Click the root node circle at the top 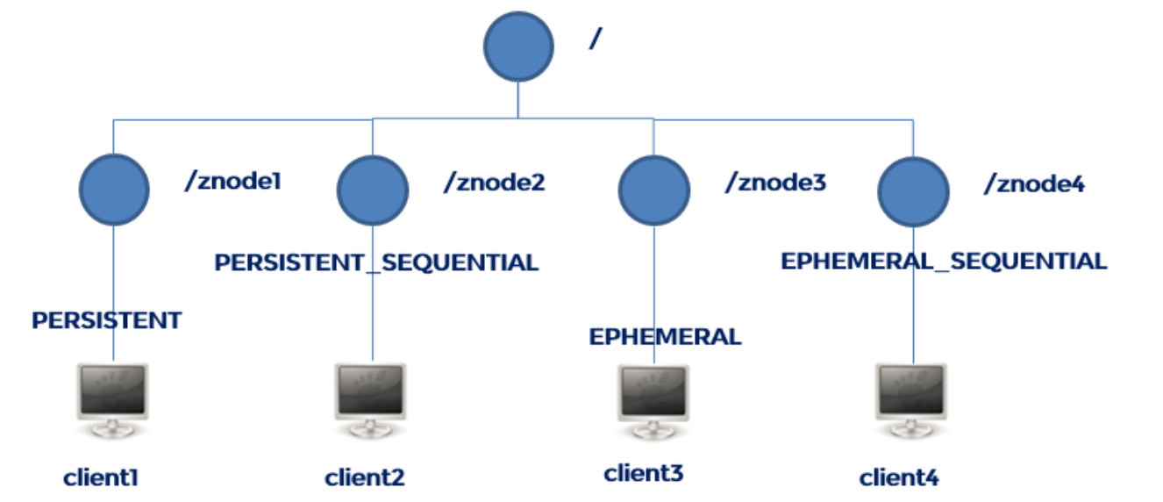coord(518,47)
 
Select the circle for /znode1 coord(114,190)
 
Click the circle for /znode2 coord(373,190)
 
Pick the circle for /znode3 coord(653,191)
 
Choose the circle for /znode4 coord(913,191)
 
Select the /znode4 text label coord(1034,183)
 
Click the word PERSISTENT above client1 coord(106,320)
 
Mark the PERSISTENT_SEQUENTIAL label coord(376,262)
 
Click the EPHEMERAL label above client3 coord(665,336)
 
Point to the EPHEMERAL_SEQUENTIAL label coord(944,261)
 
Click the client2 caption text coord(365,478)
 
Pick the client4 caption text coord(899,478)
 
